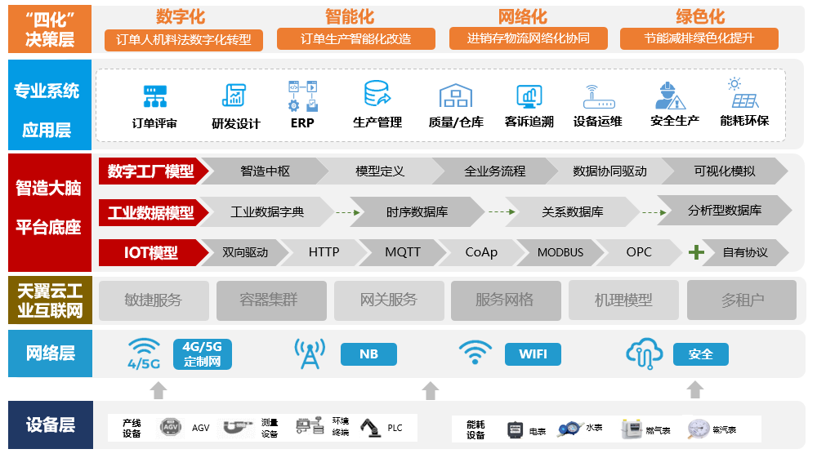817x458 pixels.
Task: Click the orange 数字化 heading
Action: click(x=180, y=16)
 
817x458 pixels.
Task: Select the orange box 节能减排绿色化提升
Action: click(x=699, y=38)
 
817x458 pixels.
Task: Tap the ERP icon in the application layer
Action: click(x=301, y=96)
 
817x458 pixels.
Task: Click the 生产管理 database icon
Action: click(x=377, y=95)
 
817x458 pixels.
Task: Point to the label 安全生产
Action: click(x=674, y=121)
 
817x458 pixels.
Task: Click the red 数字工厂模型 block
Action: click(x=151, y=171)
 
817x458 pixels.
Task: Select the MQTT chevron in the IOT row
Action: click(x=402, y=252)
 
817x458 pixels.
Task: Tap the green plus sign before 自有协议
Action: click(x=696, y=252)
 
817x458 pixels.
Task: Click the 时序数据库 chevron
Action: click(x=417, y=212)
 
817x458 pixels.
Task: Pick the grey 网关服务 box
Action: click(x=388, y=300)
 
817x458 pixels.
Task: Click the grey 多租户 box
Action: click(x=742, y=300)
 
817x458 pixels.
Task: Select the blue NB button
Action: click(x=368, y=354)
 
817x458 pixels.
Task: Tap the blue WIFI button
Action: click(x=533, y=354)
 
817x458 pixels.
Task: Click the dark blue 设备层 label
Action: click(x=50, y=425)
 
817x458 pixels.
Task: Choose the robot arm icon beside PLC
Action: click(x=370, y=427)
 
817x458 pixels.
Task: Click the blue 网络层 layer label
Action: click(x=50, y=354)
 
